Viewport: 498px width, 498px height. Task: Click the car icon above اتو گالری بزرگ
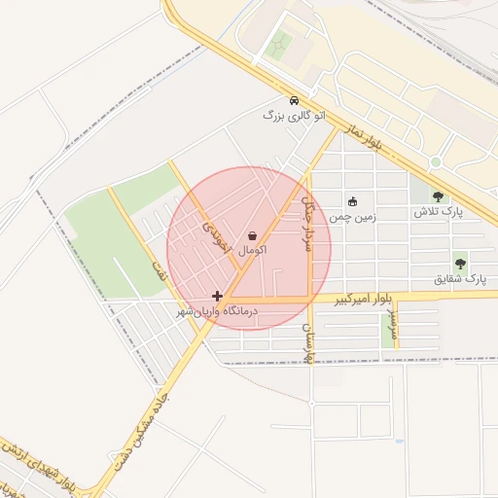(x=294, y=100)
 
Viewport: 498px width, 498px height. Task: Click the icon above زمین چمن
(x=352, y=201)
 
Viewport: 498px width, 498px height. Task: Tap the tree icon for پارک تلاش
(x=438, y=196)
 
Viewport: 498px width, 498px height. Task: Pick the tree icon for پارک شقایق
(x=460, y=263)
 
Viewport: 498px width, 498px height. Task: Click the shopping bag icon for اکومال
(x=253, y=235)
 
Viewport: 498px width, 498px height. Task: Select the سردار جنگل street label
(x=307, y=223)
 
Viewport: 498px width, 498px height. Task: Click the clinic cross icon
(x=217, y=296)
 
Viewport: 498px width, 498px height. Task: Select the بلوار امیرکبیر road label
(x=364, y=302)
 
